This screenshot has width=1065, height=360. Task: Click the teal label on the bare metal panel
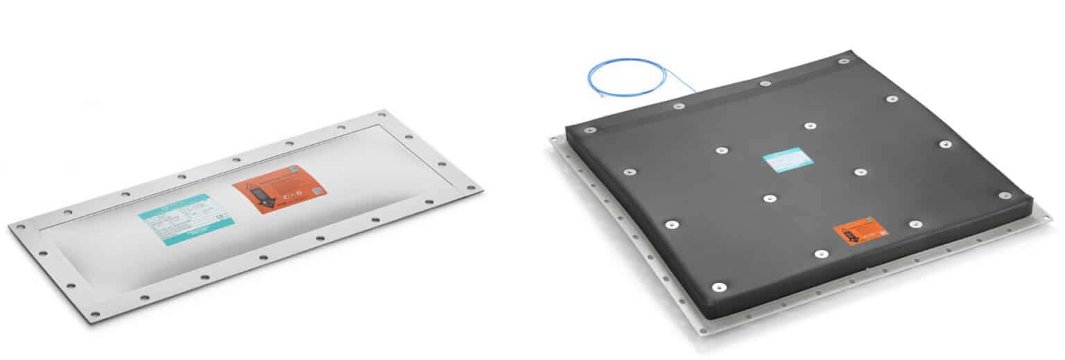pos(186,219)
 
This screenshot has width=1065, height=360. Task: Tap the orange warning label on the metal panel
pos(279,189)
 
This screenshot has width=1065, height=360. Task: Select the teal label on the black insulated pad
pos(788,160)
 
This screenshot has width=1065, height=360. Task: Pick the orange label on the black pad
pos(860,231)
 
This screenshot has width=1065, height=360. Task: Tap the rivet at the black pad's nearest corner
pos(719,286)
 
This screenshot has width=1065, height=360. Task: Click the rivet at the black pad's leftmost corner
pos(589,130)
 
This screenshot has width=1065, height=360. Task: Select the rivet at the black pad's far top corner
pos(844,61)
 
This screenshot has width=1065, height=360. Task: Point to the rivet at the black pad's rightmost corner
pos(1005,196)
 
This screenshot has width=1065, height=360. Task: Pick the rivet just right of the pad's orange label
pos(915,224)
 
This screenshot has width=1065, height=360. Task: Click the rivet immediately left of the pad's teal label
pos(722,150)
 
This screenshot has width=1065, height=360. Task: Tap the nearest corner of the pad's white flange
pos(702,332)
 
